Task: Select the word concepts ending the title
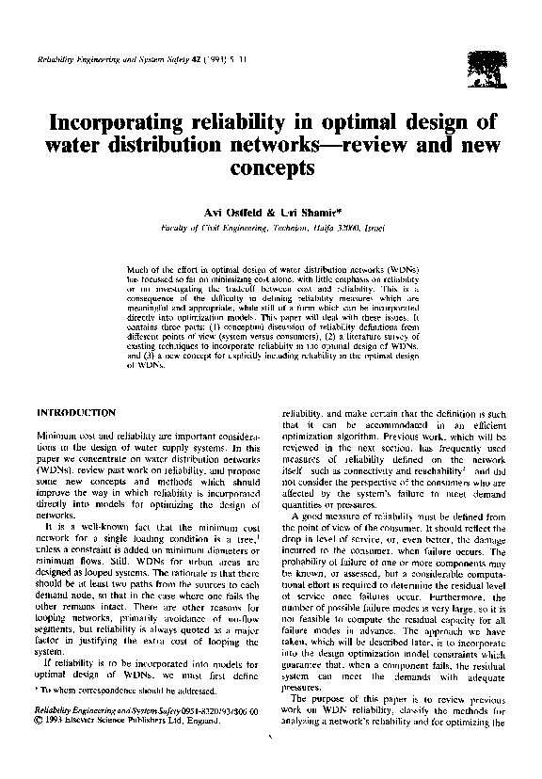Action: tap(270, 170)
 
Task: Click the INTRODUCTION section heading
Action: tap(75, 412)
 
